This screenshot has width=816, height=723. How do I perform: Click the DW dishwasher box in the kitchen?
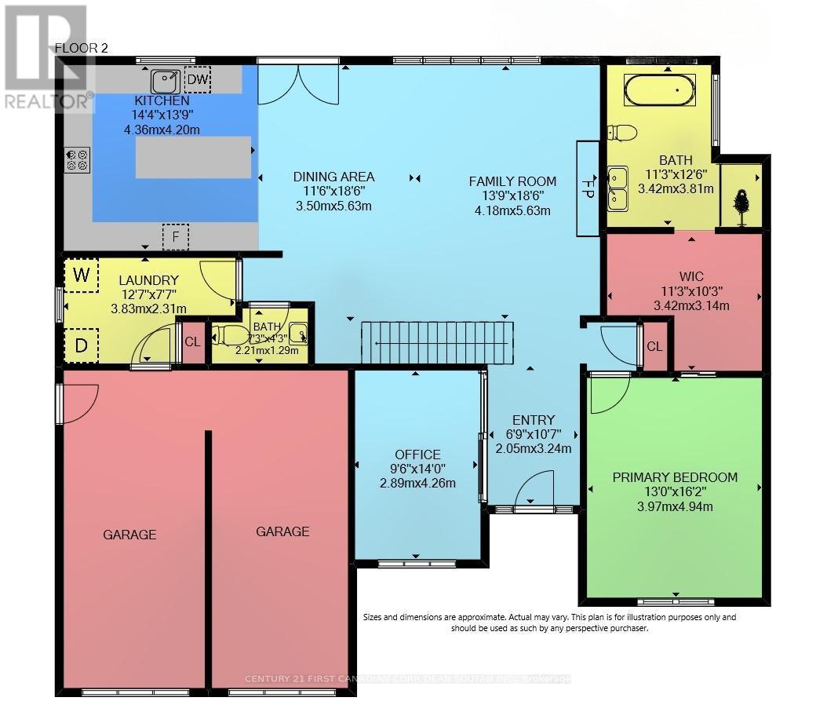tap(198, 79)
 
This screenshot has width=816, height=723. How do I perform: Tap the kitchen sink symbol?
tap(166, 79)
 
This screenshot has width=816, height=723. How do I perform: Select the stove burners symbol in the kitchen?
tap(76, 160)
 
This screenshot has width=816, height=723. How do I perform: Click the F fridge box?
tap(176, 236)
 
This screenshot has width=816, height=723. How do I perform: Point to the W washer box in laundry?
tap(80, 275)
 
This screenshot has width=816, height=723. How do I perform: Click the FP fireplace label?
tap(588, 188)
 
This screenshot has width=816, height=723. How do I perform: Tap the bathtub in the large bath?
tap(659, 90)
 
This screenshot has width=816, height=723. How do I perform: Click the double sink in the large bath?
tap(617, 188)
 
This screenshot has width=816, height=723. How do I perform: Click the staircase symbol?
tap(436, 342)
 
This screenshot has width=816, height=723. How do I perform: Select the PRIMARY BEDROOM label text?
tap(675, 477)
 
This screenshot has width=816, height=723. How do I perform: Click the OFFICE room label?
tap(417, 455)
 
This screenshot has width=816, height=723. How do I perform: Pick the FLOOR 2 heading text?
tap(81, 48)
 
